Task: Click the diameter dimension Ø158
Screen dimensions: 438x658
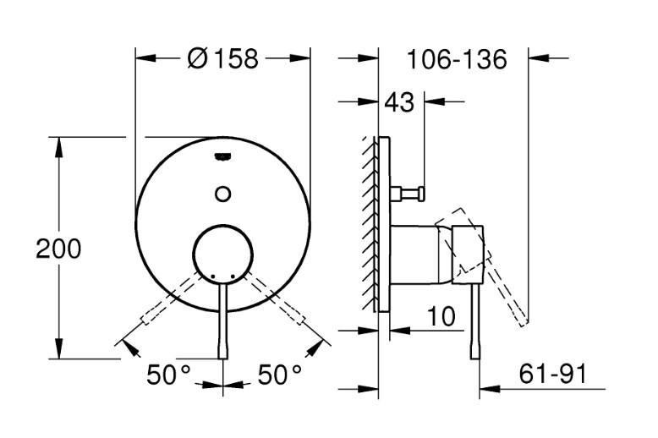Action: (x=223, y=59)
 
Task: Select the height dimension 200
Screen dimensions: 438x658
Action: (x=58, y=249)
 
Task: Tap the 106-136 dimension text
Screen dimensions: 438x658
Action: (x=456, y=59)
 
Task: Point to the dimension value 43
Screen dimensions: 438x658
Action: (x=399, y=102)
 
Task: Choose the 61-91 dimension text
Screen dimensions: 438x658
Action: (x=551, y=374)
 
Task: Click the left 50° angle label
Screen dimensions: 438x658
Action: (x=168, y=375)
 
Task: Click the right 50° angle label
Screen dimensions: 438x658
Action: (x=280, y=375)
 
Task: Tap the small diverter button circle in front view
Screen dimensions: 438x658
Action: (x=223, y=193)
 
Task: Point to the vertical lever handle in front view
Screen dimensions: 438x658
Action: (x=223, y=321)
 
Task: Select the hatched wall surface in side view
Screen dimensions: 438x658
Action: (x=368, y=224)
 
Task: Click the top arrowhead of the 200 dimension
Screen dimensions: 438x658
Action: (x=58, y=145)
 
